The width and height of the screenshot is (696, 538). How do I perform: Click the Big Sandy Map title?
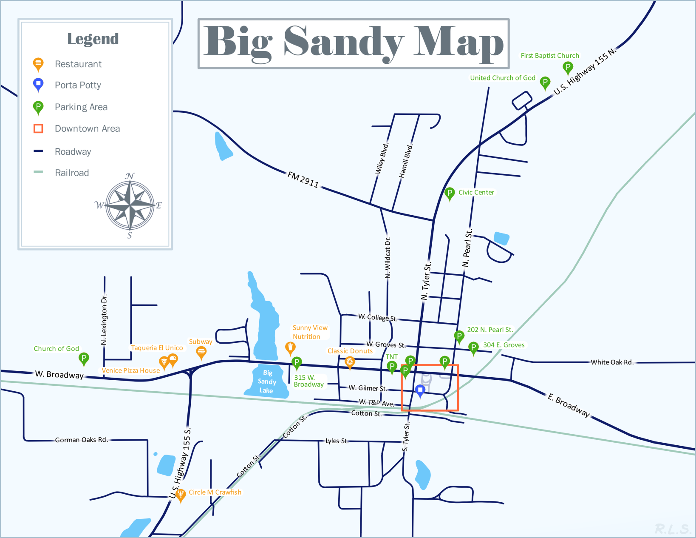[354, 43]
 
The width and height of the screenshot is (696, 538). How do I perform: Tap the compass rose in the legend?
[130, 205]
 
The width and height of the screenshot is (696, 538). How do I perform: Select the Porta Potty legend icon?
[38, 84]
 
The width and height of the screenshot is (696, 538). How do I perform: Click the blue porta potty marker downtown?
[420, 390]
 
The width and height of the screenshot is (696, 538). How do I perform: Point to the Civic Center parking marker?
[450, 193]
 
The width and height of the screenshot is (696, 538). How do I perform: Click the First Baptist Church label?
[550, 56]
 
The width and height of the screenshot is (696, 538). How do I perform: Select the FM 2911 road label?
[303, 179]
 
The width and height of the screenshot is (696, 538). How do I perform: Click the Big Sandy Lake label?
[267, 381]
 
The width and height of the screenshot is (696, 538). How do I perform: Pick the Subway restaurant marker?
[201, 352]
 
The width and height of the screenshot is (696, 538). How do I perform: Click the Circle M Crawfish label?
[215, 492]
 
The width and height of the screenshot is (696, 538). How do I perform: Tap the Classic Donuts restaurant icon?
[350, 362]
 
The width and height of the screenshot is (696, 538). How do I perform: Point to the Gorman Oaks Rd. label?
[81, 440]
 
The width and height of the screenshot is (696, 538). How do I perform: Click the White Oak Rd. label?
[612, 362]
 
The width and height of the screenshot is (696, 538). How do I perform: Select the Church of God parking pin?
[84, 358]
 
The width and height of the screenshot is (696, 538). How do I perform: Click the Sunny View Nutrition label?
[310, 332]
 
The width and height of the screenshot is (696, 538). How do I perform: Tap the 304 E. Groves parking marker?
[473, 347]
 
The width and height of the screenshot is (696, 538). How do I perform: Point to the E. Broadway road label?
[569, 405]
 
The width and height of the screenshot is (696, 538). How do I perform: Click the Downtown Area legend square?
[38, 128]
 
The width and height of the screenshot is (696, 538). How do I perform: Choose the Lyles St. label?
[337, 441]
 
